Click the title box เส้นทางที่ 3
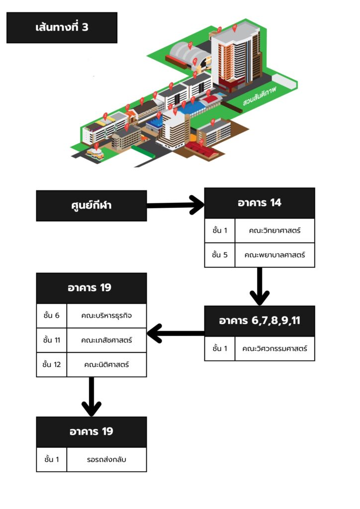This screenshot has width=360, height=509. (x=62, y=27)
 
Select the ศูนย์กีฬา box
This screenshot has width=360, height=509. (x=91, y=205)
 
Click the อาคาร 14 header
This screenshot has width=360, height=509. (x=260, y=203)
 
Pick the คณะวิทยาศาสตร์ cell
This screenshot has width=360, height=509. (x=274, y=231)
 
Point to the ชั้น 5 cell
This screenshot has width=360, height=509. (x=219, y=255)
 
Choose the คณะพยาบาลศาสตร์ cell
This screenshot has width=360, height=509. (x=274, y=255)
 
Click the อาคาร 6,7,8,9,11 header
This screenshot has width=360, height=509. (x=260, y=321)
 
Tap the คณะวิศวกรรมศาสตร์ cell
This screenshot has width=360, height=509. (x=274, y=348)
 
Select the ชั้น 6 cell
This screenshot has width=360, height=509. (x=52, y=316)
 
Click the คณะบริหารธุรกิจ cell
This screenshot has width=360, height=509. (x=106, y=316)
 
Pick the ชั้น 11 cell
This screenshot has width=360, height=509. (x=52, y=340)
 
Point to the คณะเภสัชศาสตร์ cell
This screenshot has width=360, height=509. (x=106, y=340)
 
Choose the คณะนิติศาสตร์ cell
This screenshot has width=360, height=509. (x=106, y=364)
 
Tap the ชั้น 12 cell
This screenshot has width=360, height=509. (x=52, y=364)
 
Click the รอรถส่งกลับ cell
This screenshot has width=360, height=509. (x=106, y=459)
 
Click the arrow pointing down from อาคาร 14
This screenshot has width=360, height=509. (x=260, y=286)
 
